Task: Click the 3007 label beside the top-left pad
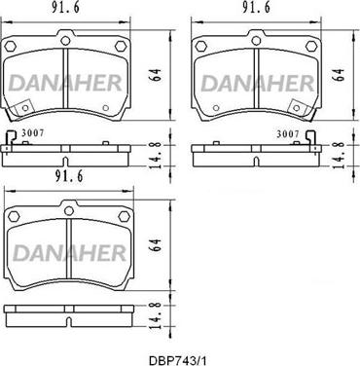(x=33, y=136)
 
